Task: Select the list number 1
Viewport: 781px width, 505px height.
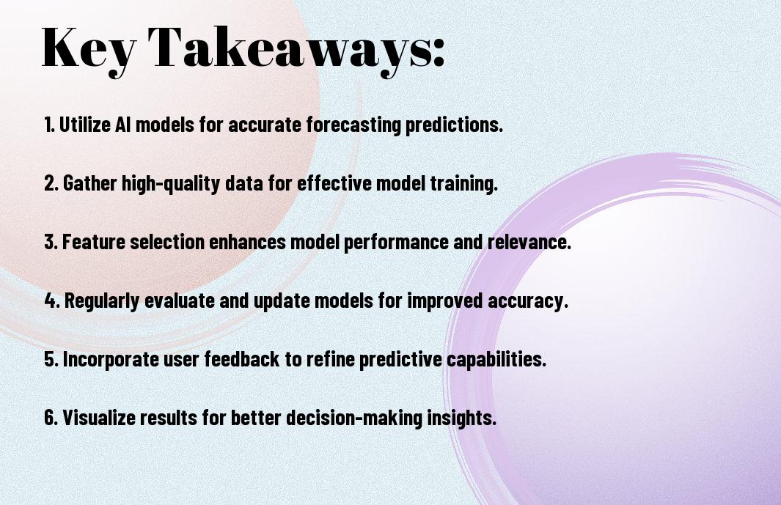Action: click(49, 125)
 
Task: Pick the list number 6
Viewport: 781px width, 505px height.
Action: click(51, 417)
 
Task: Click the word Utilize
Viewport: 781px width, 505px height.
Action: click(84, 125)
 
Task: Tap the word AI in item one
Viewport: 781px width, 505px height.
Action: click(123, 125)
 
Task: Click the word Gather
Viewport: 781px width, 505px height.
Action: click(90, 183)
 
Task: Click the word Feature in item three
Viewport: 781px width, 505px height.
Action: click(93, 242)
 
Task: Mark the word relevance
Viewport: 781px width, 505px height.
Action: click(529, 242)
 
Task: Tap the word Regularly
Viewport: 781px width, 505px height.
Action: click(102, 301)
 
